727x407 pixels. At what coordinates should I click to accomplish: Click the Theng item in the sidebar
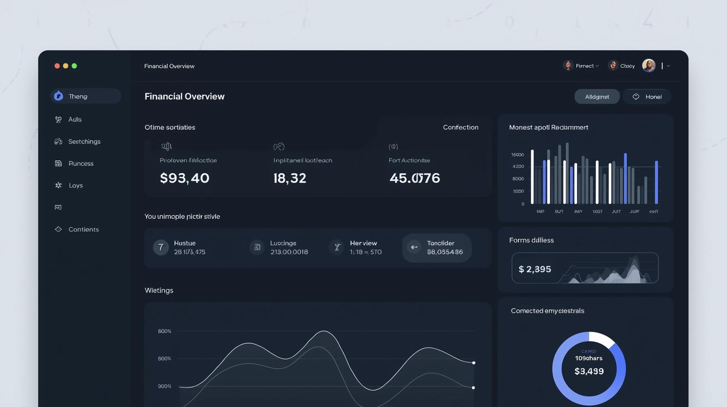(x=85, y=96)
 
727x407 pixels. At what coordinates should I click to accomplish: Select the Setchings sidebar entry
(x=84, y=142)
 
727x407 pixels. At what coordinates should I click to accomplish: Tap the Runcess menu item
(x=80, y=164)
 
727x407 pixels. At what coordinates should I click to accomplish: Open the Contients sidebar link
(x=83, y=229)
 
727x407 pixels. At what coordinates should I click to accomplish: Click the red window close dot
(x=57, y=66)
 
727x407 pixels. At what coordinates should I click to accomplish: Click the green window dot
(x=75, y=66)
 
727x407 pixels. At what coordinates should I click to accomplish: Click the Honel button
(x=647, y=97)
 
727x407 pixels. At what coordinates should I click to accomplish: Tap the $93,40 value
(x=184, y=178)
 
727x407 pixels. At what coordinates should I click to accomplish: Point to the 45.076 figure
(x=414, y=178)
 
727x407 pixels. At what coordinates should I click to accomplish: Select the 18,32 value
(x=289, y=178)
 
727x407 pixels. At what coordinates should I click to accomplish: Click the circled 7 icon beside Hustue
(x=160, y=248)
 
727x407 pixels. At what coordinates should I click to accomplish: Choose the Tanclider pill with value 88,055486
(x=437, y=248)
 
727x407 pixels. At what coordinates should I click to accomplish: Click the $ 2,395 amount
(x=535, y=269)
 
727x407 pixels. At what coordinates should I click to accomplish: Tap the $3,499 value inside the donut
(x=589, y=372)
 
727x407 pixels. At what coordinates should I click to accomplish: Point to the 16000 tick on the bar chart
(x=518, y=155)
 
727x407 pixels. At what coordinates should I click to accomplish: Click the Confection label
(x=460, y=127)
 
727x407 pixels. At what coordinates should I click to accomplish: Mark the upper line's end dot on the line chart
(x=473, y=363)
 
